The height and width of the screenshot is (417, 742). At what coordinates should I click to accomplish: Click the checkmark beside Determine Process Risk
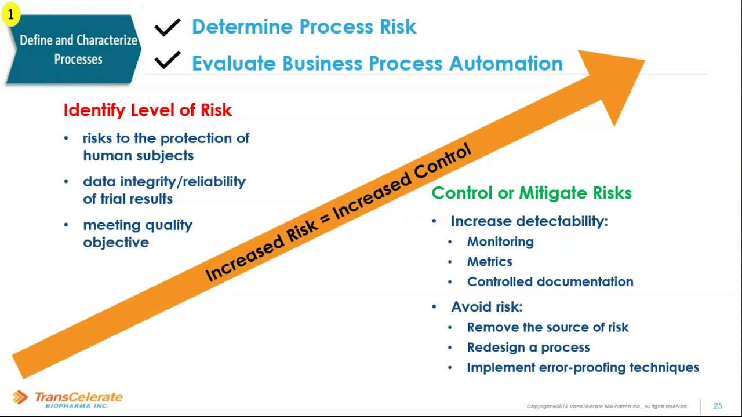click(168, 27)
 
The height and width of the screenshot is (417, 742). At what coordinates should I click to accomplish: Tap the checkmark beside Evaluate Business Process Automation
click(168, 60)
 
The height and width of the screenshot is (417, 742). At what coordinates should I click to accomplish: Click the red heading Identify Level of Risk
click(147, 110)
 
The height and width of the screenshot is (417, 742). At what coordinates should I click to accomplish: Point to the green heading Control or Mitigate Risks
click(532, 193)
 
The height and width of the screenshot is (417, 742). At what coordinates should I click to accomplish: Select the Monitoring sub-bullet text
click(500, 242)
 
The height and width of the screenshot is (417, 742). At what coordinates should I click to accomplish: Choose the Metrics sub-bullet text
click(489, 262)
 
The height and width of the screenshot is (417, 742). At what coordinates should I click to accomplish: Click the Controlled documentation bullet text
click(550, 282)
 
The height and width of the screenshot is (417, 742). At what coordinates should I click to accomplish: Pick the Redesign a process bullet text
click(528, 348)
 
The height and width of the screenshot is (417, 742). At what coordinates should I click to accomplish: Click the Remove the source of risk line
click(547, 327)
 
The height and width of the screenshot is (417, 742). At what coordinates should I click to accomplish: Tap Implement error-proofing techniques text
click(583, 368)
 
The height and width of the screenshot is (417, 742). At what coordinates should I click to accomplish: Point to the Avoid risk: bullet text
click(486, 307)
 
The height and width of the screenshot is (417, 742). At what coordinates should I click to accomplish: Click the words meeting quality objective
click(137, 233)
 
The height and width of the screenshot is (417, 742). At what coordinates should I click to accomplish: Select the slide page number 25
click(718, 406)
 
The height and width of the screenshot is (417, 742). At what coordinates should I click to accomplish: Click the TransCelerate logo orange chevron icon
click(20, 397)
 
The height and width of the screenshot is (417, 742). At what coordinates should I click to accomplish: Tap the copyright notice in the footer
click(607, 407)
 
